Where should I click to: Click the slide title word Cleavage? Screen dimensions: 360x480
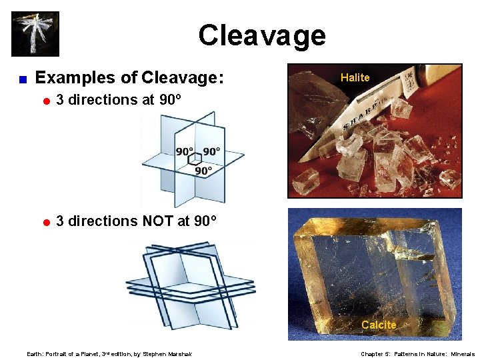click(x=261, y=35)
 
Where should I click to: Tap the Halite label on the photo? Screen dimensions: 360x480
click(x=355, y=77)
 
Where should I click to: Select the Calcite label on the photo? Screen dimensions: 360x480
click(x=378, y=325)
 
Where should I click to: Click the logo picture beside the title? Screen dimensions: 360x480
click(x=35, y=34)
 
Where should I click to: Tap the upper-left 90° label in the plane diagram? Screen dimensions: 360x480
click(x=185, y=151)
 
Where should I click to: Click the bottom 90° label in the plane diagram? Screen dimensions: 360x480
click(x=203, y=171)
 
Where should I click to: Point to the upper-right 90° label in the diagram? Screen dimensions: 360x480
click(x=212, y=151)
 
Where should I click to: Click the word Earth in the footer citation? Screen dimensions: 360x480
click(x=33, y=354)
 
